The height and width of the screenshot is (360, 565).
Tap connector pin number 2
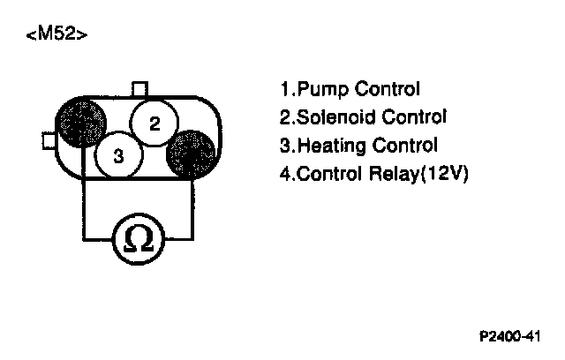pyautogui.click(x=154, y=123)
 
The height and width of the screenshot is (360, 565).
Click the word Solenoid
pyautogui.click(x=331, y=116)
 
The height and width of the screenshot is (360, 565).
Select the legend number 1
pyautogui.click(x=283, y=89)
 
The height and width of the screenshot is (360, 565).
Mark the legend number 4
pyautogui.click(x=284, y=173)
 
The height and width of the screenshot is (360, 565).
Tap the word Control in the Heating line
pyautogui.click(x=403, y=145)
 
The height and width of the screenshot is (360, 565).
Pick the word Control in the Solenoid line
pyautogui.click(x=413, y=116)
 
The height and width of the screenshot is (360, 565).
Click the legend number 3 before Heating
pyautogui.click(x=284, y=145)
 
